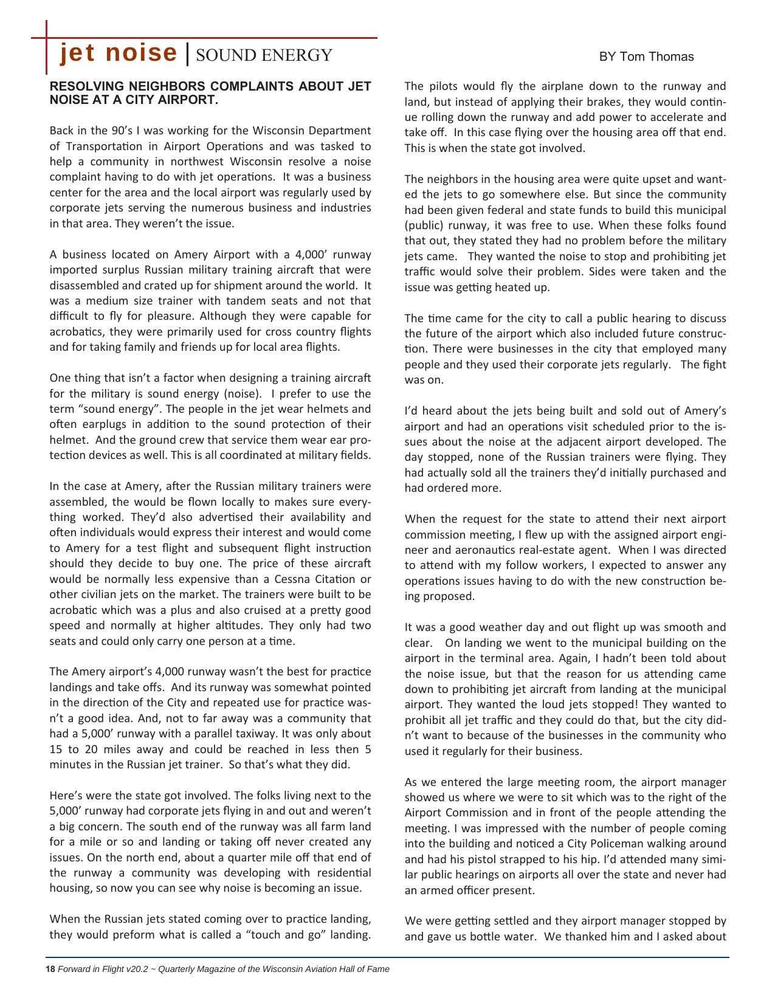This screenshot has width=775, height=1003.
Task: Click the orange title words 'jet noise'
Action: [x=118, y=53]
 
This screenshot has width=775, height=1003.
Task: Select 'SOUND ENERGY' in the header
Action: [x=264, y=55]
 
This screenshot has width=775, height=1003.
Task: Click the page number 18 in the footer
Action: [x=50, y=969]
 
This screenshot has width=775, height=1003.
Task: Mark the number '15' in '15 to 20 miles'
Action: [x=56, y=749]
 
